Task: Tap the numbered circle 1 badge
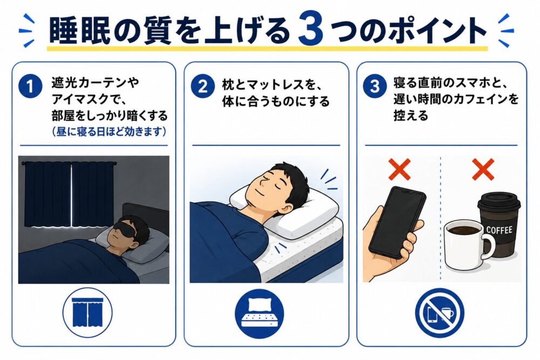pos(30,86)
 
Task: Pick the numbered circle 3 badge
pos(375,86)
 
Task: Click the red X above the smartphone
pos(400,169)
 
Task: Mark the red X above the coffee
pos(483,169)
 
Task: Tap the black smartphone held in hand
pos(397,222)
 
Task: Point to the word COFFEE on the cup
pos(499,230)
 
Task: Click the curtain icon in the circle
pos(87,313)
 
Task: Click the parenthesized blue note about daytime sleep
pos(109,132)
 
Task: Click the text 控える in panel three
pos(411,116)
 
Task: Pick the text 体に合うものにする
pos(276,101)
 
